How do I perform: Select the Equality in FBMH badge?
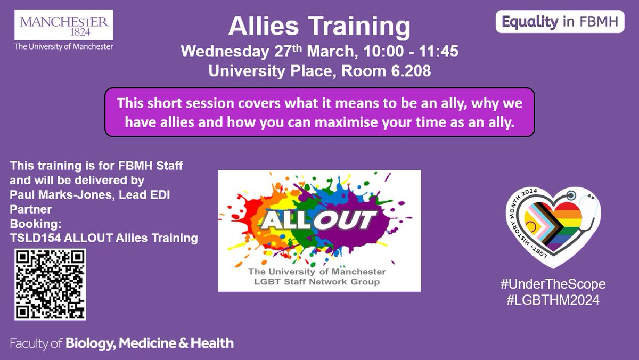pos(560,22)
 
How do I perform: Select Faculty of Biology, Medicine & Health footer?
pos(121,343)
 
